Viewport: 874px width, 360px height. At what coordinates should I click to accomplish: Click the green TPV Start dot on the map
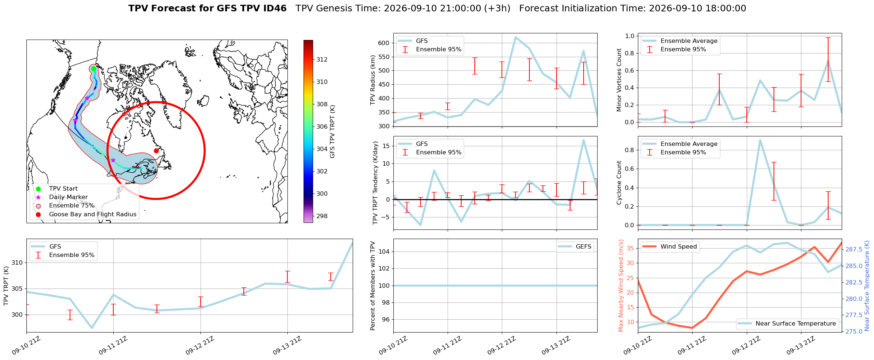pyautogui.click(x=93, y=69)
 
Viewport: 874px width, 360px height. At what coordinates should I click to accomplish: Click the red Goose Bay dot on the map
pyautogui.click(x=156, y=151)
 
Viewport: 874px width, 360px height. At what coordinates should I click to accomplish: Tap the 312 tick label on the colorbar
pyautogui.click(x=322, y=59)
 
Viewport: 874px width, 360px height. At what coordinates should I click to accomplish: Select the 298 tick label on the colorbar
pyautogui.click(x=322, y=216)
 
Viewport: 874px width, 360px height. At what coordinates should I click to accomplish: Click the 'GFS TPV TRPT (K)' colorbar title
pyautogui.click(x=333, y=132)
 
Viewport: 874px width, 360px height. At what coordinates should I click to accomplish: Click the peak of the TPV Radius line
pyautogui.click(x=515, y=37)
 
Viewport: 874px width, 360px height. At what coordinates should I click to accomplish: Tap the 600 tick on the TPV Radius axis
pyautogui.click(x=383, y=43)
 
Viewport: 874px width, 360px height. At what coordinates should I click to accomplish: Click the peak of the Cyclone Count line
pyautogui.click(x=760, y=140)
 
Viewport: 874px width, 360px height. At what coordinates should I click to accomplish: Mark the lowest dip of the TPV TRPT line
pyautogui.click(x=92, y=328)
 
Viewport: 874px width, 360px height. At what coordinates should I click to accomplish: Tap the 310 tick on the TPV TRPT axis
pyautogui.click(x=17, y=262)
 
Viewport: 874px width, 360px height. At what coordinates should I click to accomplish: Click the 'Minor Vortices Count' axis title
pyautogui.click(x=619, y=80)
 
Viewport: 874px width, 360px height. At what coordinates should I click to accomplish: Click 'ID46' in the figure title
pyautogui.click(x=275, y=8)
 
